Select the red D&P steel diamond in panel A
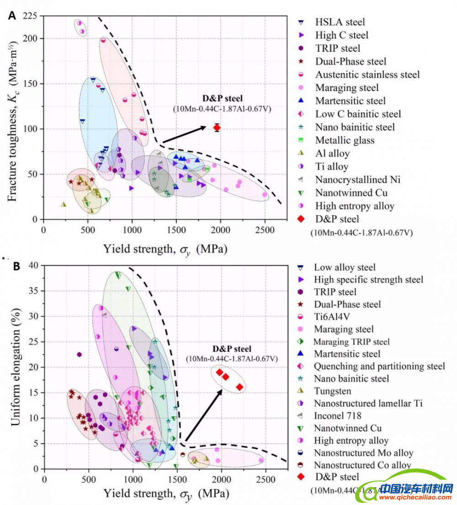click(x=217, y=127)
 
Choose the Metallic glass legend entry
click(x=345, y=140)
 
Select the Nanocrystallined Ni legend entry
click(x=357, y=179)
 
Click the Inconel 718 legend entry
click(x=337, y=416)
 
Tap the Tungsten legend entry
click(x=332, y=391)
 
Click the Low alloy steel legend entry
click(x=345, y=267)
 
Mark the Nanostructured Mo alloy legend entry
click(x=363, y=453)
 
